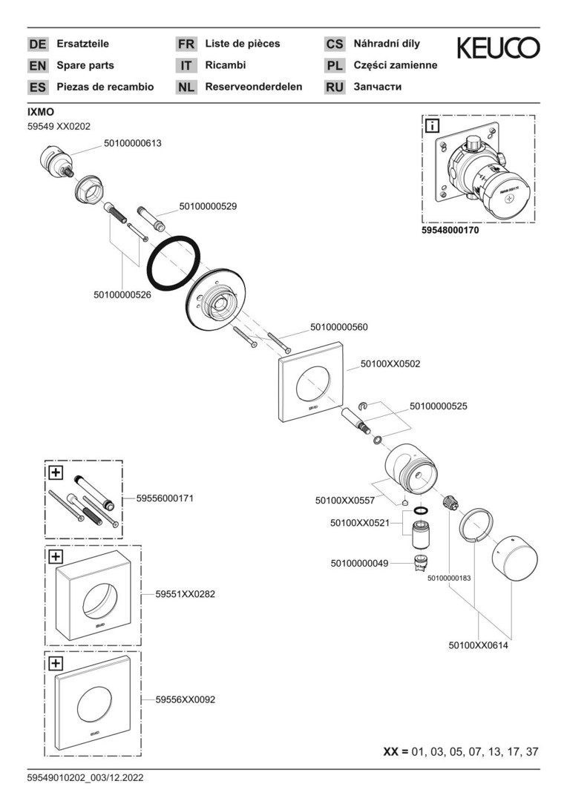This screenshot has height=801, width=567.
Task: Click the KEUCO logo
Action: [x=498, y=49]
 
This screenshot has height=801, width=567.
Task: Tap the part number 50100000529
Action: [x=208, y=206]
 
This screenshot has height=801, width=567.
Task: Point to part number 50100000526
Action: [x=122, y=294]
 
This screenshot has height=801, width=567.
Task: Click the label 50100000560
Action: [x=338, y=326]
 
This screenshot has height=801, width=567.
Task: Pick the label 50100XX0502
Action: [x=390, y=363]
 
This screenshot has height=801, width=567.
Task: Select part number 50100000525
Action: [x=439, y=406]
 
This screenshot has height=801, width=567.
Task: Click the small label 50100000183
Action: [x=449, y=578]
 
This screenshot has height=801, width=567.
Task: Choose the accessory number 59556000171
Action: [x=165, y=498]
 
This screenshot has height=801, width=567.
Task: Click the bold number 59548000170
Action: [x=450, y=231]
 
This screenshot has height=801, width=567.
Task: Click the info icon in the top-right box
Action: [x=432, y=127]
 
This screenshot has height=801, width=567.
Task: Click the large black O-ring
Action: [x=174, y=264]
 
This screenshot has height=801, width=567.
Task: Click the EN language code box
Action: [x=38, y=65]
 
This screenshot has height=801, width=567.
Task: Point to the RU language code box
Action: [x=335, y=87]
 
